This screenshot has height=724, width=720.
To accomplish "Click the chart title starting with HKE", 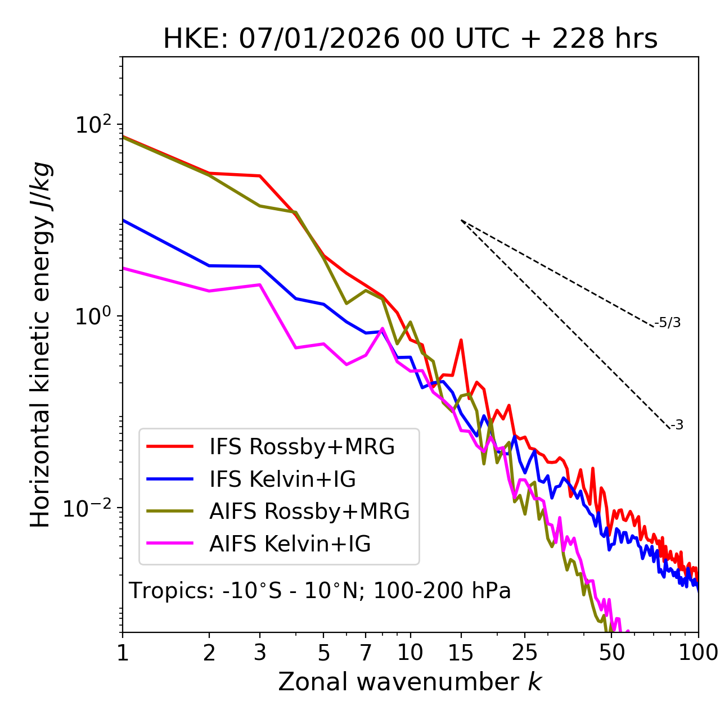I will click(410, 39).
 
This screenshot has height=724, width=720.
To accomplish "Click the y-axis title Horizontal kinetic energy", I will click(40, 344).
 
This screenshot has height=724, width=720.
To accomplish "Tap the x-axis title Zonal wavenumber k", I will click(409, 682).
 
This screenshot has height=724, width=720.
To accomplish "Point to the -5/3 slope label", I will click(668, 323).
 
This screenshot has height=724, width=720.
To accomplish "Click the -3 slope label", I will click(677, 426).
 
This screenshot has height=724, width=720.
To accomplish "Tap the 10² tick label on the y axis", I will click(92, 124).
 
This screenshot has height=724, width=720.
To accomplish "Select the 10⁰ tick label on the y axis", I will click(92, 316).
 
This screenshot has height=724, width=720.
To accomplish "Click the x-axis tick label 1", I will click(123, 653).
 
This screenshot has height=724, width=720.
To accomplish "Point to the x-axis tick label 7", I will click(366, 653).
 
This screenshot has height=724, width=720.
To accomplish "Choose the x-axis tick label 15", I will click(461, 653).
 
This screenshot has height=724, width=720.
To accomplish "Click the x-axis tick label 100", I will click(698, 653).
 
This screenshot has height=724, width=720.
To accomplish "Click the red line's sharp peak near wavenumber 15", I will click(461, 340).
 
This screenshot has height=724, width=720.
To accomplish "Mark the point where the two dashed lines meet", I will click(461, 220).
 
